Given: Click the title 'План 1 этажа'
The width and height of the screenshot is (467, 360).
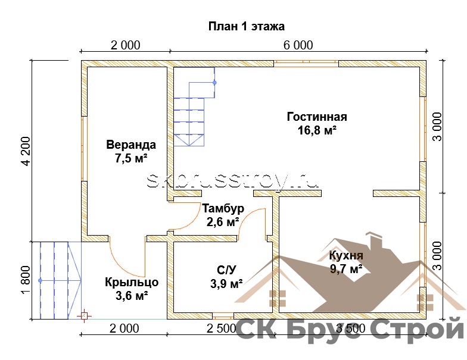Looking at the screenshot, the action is tap(247, 26).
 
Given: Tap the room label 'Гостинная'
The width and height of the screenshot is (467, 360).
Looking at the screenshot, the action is tap(317, 117).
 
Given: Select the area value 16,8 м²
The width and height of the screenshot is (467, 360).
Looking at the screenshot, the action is tap(317, 130).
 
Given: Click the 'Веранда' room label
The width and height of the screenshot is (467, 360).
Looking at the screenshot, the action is tap(131, 145).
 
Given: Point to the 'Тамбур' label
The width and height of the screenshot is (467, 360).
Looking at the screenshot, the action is tap(223, 208).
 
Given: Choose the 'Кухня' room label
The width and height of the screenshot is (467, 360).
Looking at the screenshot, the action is tap(346, 256).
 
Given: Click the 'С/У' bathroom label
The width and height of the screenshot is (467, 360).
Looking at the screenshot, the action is tap(226, 270).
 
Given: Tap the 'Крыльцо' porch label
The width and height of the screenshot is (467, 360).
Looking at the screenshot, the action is tap(132, 282).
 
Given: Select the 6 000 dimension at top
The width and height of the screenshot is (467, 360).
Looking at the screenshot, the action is tap(298, 45).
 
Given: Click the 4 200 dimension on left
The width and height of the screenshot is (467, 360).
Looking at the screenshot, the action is tap(26, 151).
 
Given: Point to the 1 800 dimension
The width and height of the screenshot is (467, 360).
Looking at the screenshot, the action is tap(26, 280).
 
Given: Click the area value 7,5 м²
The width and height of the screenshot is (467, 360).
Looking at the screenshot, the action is tap(131, 158).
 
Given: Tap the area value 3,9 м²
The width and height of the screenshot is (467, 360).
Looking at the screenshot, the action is tap(226, 284).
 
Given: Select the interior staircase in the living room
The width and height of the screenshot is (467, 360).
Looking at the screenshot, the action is tap(194, 107).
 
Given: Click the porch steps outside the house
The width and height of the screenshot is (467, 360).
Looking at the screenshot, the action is tap(57, 281).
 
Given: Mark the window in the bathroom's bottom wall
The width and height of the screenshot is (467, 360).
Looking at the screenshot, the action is tap(223, 315).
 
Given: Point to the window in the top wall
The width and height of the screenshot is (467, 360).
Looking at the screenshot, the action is tap(306, 64).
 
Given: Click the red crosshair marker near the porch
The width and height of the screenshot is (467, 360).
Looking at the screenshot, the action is tap(85, 316).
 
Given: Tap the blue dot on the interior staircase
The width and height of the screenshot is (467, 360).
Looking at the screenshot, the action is tap(214, 82).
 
